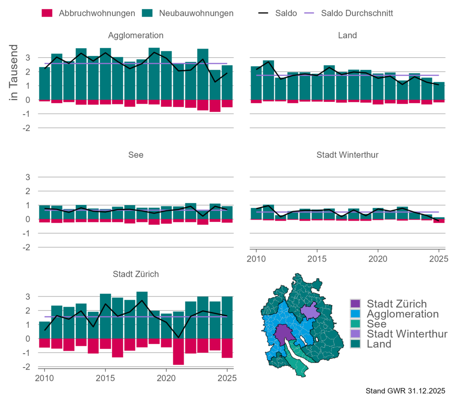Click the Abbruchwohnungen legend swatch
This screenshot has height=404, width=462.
(47, 13)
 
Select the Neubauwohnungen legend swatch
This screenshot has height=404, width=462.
(148, 13)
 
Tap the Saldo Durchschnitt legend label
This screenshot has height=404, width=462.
(357, 13)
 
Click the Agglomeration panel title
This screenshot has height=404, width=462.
(136, 35)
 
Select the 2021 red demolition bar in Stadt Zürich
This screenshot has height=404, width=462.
(178, 351)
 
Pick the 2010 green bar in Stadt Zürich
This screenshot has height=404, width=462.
(45, 330)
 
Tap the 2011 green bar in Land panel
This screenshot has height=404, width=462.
(268, 80)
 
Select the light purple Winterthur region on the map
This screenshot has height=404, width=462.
(309, 311)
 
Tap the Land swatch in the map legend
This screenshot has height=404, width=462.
(355, 343)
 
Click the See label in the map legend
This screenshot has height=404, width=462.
(377, 324)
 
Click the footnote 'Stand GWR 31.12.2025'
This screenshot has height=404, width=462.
(405, 390)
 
